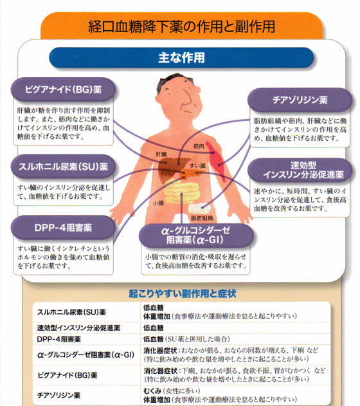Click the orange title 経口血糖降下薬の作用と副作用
pos(181,26)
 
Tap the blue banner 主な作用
pos(181,57)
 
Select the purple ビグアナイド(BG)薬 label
pos(63,89)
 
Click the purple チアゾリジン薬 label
pos(300,100)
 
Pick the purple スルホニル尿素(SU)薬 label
pos(63,167)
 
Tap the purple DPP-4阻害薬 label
pos(63,228)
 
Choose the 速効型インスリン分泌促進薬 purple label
pos(300,170)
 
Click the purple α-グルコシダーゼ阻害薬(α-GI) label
pos(196,235)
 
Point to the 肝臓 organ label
pos(161,154)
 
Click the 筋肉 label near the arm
pos(199,146)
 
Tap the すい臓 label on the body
pos(197,166)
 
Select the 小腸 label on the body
pos(158,203)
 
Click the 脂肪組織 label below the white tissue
pos(202,218)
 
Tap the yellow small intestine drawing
pos(181,191)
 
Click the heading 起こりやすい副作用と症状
pos(183,293)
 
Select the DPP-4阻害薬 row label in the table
pos(59,339)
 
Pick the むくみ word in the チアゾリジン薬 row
pos(152,391)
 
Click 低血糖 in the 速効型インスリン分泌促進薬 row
pos(154,328)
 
